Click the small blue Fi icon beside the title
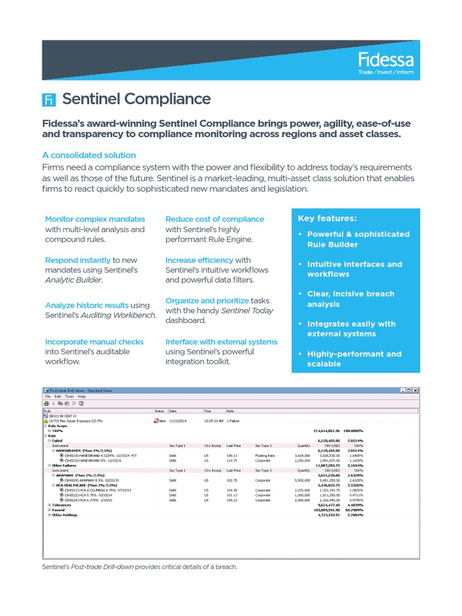49,100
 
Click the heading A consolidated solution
89,155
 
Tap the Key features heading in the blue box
327,218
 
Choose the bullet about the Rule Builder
358,239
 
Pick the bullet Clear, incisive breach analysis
351,299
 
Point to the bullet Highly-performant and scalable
354,359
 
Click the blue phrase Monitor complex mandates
95,219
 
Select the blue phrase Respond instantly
78,260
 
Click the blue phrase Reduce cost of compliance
215,219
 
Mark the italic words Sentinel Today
247,310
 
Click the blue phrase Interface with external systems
221,342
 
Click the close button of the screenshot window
415,390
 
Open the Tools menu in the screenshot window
70,396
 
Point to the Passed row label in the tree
58,510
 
